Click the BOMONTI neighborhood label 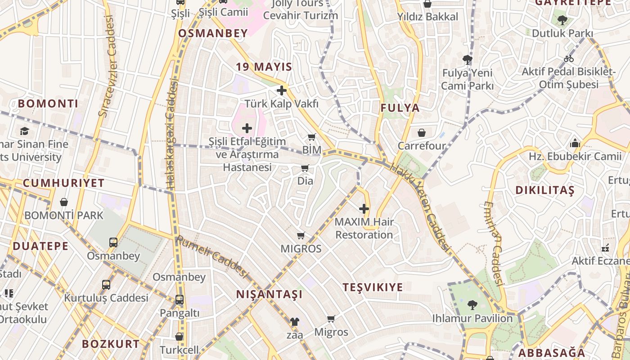(x=48, y=103)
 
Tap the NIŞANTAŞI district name (x=270, y=294)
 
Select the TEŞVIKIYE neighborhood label (x=373, y=287)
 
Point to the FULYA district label (x=400, y=108)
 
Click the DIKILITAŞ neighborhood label (x=545, y=190)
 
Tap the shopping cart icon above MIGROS (x=301, y=236)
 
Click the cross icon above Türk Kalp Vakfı (x=282, y=90)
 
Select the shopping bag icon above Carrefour (x=422, y=133)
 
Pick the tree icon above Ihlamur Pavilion (x=472, y=305)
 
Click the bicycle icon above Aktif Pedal (x=569, y=58)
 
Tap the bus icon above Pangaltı (x=179, y=300)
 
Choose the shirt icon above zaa (x=294, y=322)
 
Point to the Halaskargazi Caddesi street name (x=171, y=135)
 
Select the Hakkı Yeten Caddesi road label (x=420, y=207)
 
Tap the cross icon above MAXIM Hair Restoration (x=364, y=209)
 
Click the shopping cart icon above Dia (x=305, y=168)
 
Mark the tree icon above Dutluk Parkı (x=562, y=20)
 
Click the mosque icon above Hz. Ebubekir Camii (x=575, y=144)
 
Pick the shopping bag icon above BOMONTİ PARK (x=64, y=202)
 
